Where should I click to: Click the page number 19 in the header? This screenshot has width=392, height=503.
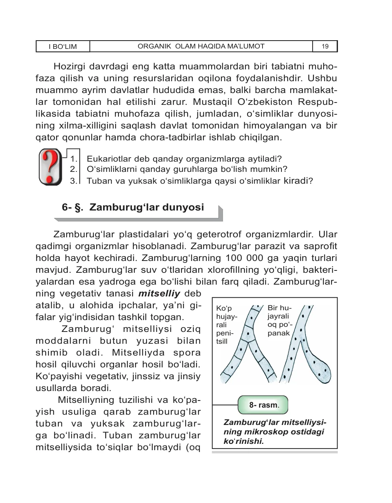325,47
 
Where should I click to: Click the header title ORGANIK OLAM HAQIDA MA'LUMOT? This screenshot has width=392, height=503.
201,46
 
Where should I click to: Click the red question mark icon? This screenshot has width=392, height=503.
50,167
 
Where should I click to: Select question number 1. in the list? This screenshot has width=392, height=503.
73,159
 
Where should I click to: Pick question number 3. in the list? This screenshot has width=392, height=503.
73,181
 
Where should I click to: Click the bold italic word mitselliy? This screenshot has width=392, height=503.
159,294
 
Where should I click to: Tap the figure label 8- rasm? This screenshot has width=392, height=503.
263,405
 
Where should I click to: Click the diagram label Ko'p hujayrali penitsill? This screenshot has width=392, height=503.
226,324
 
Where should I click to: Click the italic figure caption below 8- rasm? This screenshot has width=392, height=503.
274,432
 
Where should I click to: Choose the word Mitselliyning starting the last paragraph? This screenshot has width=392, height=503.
86,400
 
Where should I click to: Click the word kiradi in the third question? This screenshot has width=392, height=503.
296,181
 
